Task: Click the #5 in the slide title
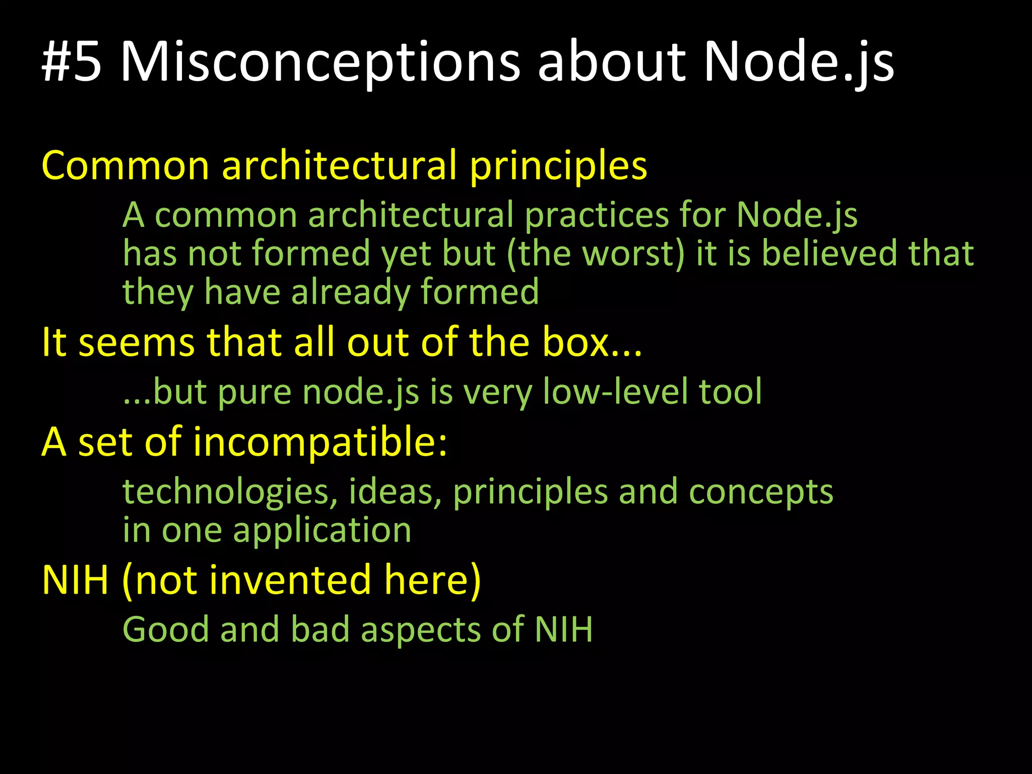pyautogui.click(x=72, y=61)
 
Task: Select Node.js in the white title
pyautogui.click(x=798, y=61)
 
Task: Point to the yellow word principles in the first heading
pyautogui.click(x=558, y=166)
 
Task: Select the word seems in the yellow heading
pyautogui.click(x=137, y=343)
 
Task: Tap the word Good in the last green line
pyautogui.click(x=166, y=629)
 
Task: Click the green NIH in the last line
pyautogui.click(x=563, y=629)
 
